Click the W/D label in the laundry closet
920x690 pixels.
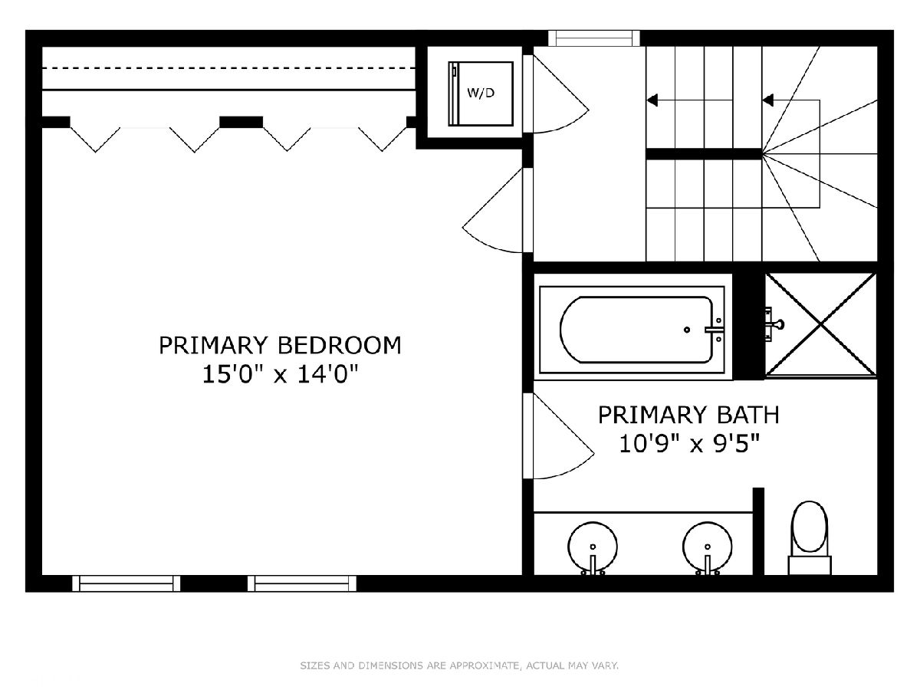coord(481,93)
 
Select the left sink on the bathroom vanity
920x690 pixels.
coord(593,547)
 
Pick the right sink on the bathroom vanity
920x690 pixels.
coord(708,547)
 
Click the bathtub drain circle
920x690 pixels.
coord(686,330)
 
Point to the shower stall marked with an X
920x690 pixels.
coord(820,325)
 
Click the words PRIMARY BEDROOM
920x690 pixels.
coord(280,346)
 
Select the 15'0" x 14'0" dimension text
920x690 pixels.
coord(281,374)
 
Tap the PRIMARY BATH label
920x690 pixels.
coord(688,415)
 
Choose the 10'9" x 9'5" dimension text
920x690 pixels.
coord(689,443)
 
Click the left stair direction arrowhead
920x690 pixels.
coord(652,100)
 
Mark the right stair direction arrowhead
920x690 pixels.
coord(767,100)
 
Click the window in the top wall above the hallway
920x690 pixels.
coord(594,38)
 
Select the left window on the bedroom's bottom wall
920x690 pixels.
coord(127,583)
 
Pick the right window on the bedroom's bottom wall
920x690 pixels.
coord(302,583)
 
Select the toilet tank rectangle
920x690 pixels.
coord(810,565)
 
